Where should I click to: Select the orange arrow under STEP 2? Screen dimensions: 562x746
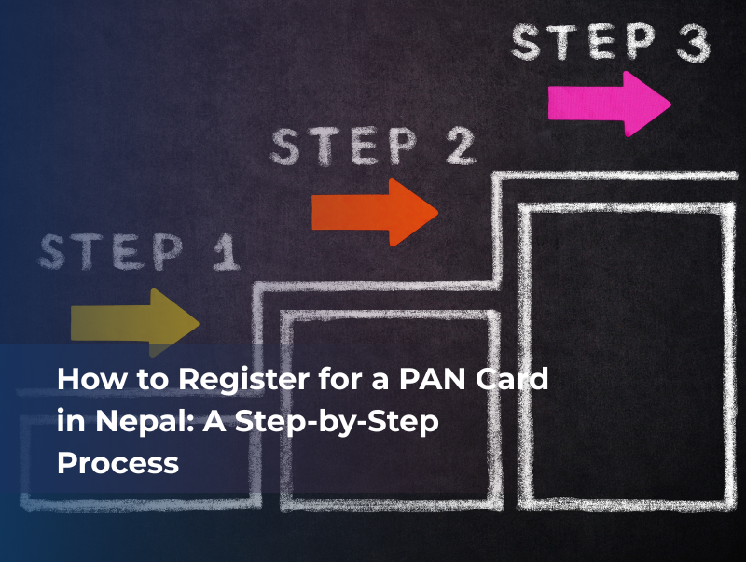tap(373, 212)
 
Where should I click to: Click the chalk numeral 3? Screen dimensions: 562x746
tap(689, 44)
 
